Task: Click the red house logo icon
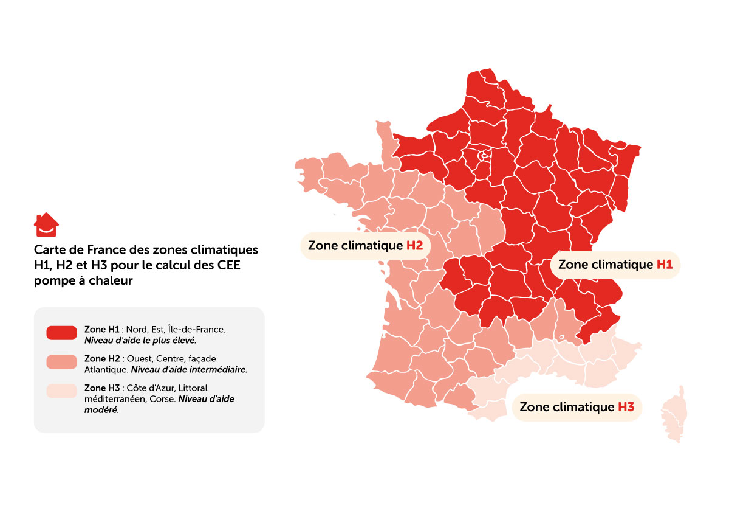click(46, 224)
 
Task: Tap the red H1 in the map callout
click(665, 265)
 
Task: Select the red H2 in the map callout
click(414, 246)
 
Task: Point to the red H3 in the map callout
click(626, 407)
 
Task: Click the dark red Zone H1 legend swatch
click(61, 333)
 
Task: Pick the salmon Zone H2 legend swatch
click(61, 363)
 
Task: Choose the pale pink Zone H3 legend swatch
click(61, 391)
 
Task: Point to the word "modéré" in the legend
click(101, 409)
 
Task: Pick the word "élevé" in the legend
click(183, 340)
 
